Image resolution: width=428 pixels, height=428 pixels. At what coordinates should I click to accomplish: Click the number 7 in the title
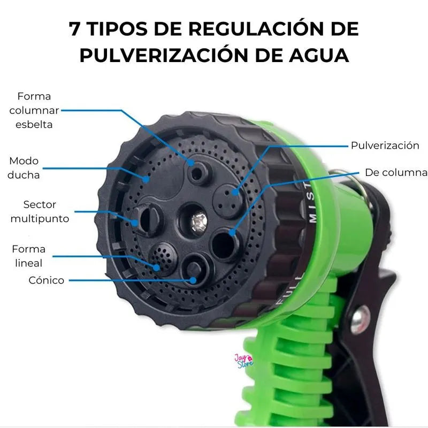click(74, 29)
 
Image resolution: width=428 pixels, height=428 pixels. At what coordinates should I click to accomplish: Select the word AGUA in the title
click(319, 56)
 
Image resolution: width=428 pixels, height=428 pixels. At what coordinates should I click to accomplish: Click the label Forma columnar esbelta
click(34, 110)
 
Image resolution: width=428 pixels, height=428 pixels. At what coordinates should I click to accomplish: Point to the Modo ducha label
click(24, 168)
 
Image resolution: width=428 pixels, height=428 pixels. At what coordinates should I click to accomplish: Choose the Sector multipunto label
click(40, 211)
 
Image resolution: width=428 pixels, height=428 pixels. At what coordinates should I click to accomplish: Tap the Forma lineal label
click(29, 256)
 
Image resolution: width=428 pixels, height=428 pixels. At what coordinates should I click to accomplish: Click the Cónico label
click(47, 280)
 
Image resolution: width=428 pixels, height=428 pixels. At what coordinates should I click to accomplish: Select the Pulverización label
click(385, 146)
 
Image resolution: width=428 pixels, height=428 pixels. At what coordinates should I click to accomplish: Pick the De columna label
click(396, 172)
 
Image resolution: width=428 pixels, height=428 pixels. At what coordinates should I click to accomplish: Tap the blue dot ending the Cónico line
click(193, 280)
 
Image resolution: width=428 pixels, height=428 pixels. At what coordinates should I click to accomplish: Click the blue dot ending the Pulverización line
click(234, 193)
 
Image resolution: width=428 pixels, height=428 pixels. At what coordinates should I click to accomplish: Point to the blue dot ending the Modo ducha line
click(146, 179)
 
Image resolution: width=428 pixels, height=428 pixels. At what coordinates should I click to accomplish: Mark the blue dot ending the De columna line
click(232, 233)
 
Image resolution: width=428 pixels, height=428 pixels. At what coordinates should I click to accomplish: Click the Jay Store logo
click(244, 361)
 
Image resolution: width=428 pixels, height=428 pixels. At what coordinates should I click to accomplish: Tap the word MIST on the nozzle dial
click(311, 203)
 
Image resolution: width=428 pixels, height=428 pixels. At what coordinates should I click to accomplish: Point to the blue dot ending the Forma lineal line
click(156, 267)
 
